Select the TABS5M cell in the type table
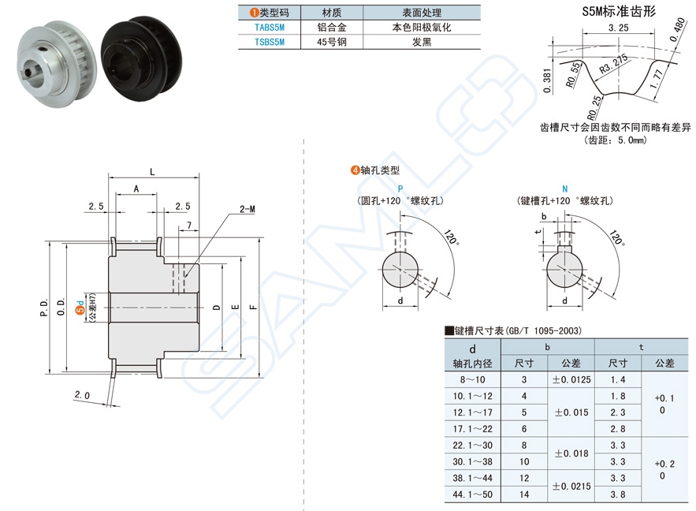[x=269, y=27]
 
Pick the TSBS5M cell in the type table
[x=269, y=42]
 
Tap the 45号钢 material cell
[x=332, y=42]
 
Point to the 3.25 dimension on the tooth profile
[x=619, y=28]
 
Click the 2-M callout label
[x=247, y=210]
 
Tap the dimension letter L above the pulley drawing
[x=151, y=171]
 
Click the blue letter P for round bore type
[x=400, y=189]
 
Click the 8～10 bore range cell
[x=472, y=379]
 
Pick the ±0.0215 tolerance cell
[x=571, y=487]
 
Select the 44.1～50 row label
[x=472, y=494]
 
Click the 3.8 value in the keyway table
[x=618, y=494]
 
